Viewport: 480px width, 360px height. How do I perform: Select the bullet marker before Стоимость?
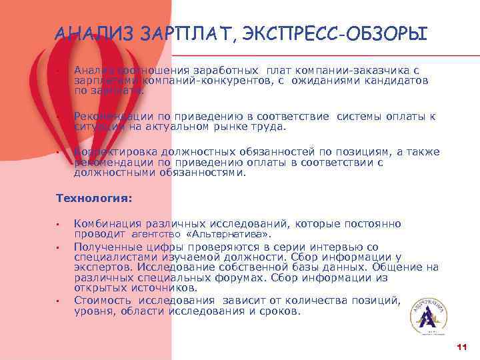pos(59,301)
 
